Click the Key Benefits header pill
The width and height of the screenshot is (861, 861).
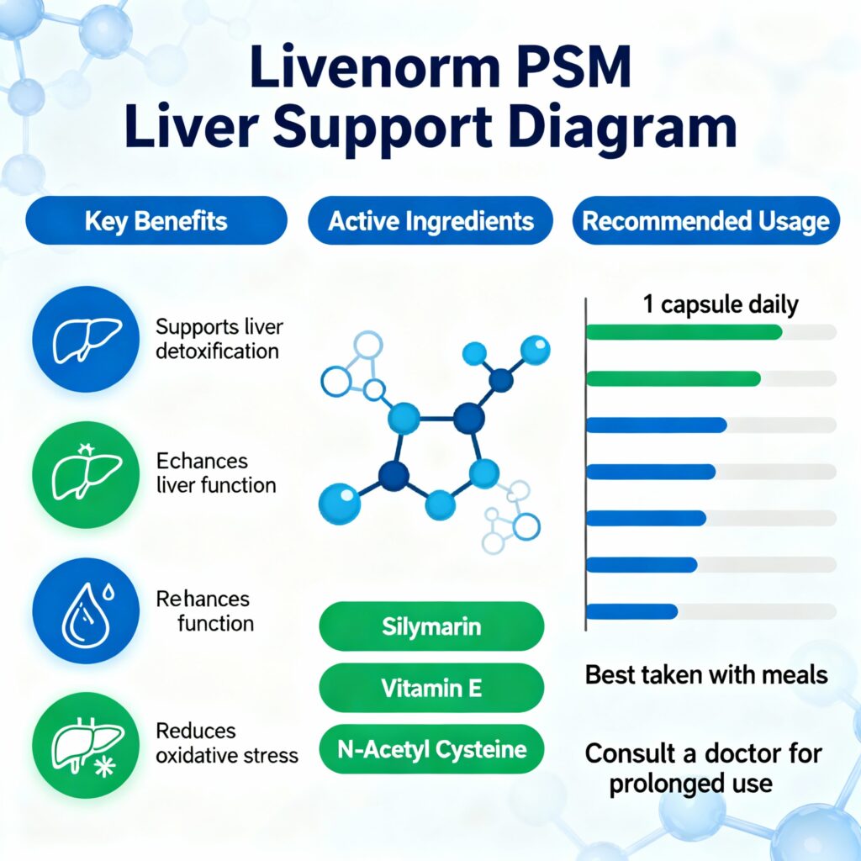[156, 221]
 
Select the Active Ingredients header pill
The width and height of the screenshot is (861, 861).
[430, 221]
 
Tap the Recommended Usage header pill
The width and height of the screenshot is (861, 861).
[705, 221]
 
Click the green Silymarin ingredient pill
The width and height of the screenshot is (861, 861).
[431, 626]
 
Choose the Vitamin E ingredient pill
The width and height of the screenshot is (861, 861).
[431, 688]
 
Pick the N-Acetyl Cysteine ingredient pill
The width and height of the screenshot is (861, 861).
[431, 749]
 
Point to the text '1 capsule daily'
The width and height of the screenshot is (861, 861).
[721, 304]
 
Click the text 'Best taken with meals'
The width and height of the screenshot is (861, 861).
[706, 674]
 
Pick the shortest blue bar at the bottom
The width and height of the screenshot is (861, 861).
[631, 611]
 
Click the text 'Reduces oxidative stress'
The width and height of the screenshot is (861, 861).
[227, 743]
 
